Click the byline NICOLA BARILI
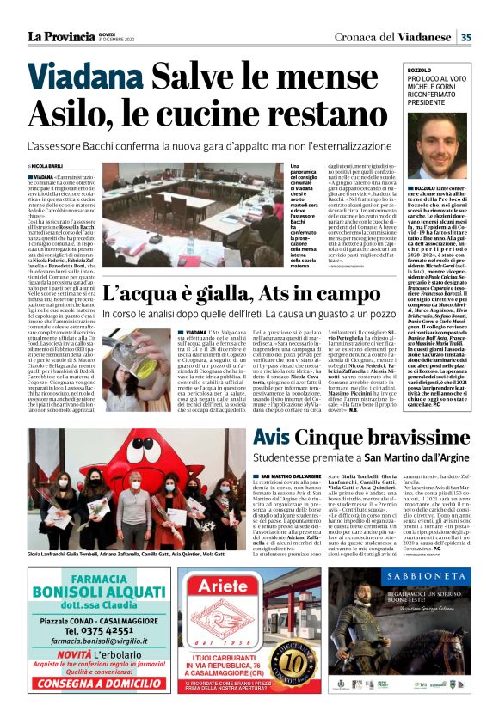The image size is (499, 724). pyautogui.click(x=49, y=165)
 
